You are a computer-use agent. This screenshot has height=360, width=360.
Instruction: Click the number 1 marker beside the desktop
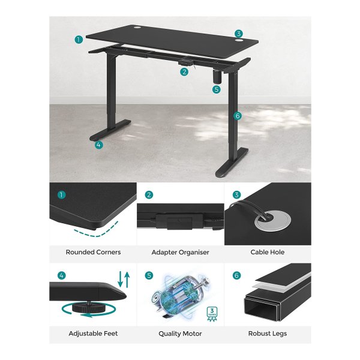(79, 40)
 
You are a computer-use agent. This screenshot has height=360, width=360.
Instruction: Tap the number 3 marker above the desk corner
(239, 34)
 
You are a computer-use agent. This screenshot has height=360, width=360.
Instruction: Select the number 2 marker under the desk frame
(184, 72)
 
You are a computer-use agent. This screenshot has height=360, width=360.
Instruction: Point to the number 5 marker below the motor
(216, 89)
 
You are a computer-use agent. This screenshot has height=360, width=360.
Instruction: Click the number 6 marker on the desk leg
(238, 116)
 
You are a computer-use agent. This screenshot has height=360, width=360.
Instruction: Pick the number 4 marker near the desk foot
(99, 145)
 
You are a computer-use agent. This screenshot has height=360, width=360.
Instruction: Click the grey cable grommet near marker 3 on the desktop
(239, 41)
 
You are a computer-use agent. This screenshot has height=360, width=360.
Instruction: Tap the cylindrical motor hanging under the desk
(217, 77)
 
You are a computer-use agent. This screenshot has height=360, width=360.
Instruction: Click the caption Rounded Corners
(93, 252)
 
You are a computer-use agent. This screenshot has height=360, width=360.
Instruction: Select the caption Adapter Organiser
(180, 253)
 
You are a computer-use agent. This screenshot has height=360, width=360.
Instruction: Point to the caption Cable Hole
(268, 252)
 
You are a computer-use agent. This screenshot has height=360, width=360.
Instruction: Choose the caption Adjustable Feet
(93, 334)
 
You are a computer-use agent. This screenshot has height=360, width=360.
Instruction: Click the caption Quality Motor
(180, 334)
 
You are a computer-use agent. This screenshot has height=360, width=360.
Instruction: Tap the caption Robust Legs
(268, 334)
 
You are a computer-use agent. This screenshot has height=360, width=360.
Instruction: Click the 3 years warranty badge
(212, 314)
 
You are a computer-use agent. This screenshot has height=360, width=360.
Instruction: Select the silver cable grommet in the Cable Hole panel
(272, 221)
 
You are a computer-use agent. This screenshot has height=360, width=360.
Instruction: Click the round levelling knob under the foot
(88, 307)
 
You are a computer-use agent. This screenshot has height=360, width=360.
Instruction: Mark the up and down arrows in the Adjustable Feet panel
(124, 279)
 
